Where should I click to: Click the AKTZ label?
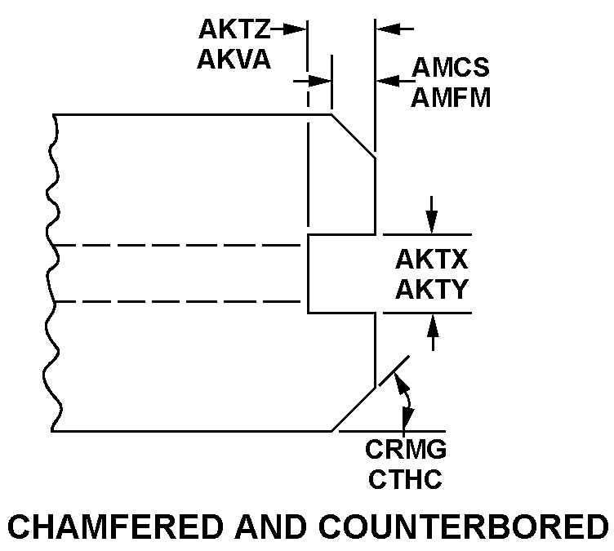point(234,29)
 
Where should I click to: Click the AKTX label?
point(431,260)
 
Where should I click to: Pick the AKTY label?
point(431,289)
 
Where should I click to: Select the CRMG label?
point(406,450)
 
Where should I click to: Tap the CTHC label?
point(406,478)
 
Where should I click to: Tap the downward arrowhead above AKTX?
point(432,224)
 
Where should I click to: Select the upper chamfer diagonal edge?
point(353,136)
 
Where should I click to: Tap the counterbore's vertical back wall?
point(308,273)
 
